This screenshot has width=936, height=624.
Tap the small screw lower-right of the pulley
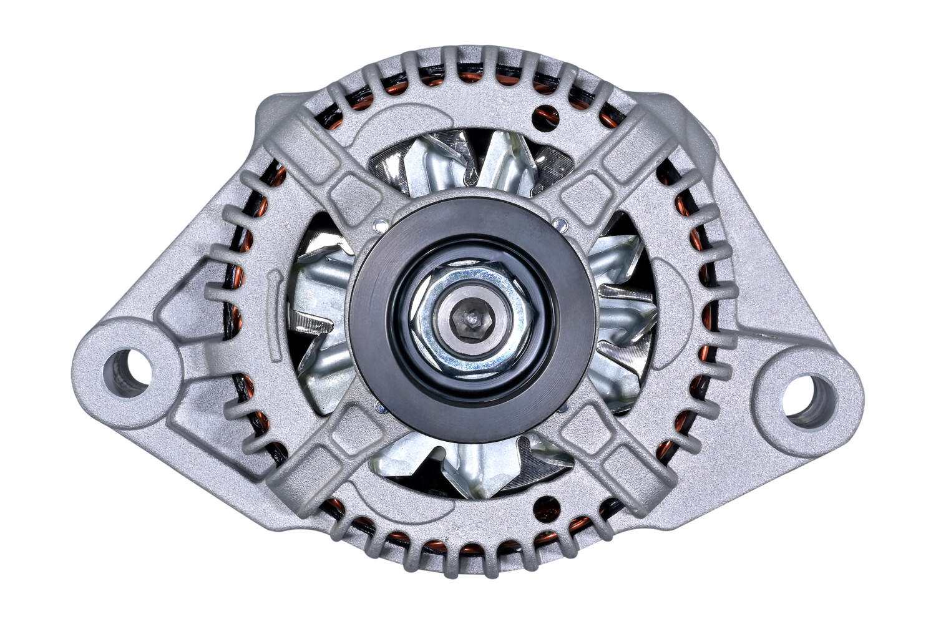[x=563, y=409]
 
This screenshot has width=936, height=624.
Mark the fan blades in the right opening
[x=624, y=312]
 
